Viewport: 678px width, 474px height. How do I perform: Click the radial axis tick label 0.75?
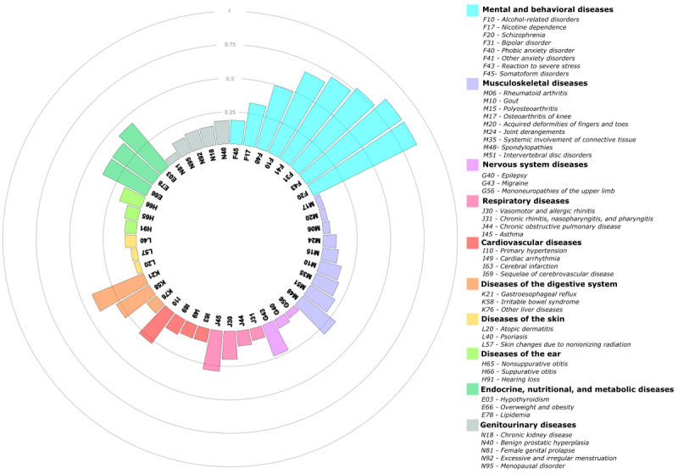click(x=230, y=44)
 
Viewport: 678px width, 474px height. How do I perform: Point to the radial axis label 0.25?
click(x=230, y=113)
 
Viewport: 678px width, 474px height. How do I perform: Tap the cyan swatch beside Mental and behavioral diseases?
click(x=472, y=10)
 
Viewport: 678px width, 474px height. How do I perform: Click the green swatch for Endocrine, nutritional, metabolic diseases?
click(x=472, y=388)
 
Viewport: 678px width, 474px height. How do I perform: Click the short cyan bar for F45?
click(x=237, y=131)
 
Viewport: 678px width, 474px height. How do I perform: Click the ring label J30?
click(x=230, y=321)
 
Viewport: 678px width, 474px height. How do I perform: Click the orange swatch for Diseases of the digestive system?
click(x=472, y=283)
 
